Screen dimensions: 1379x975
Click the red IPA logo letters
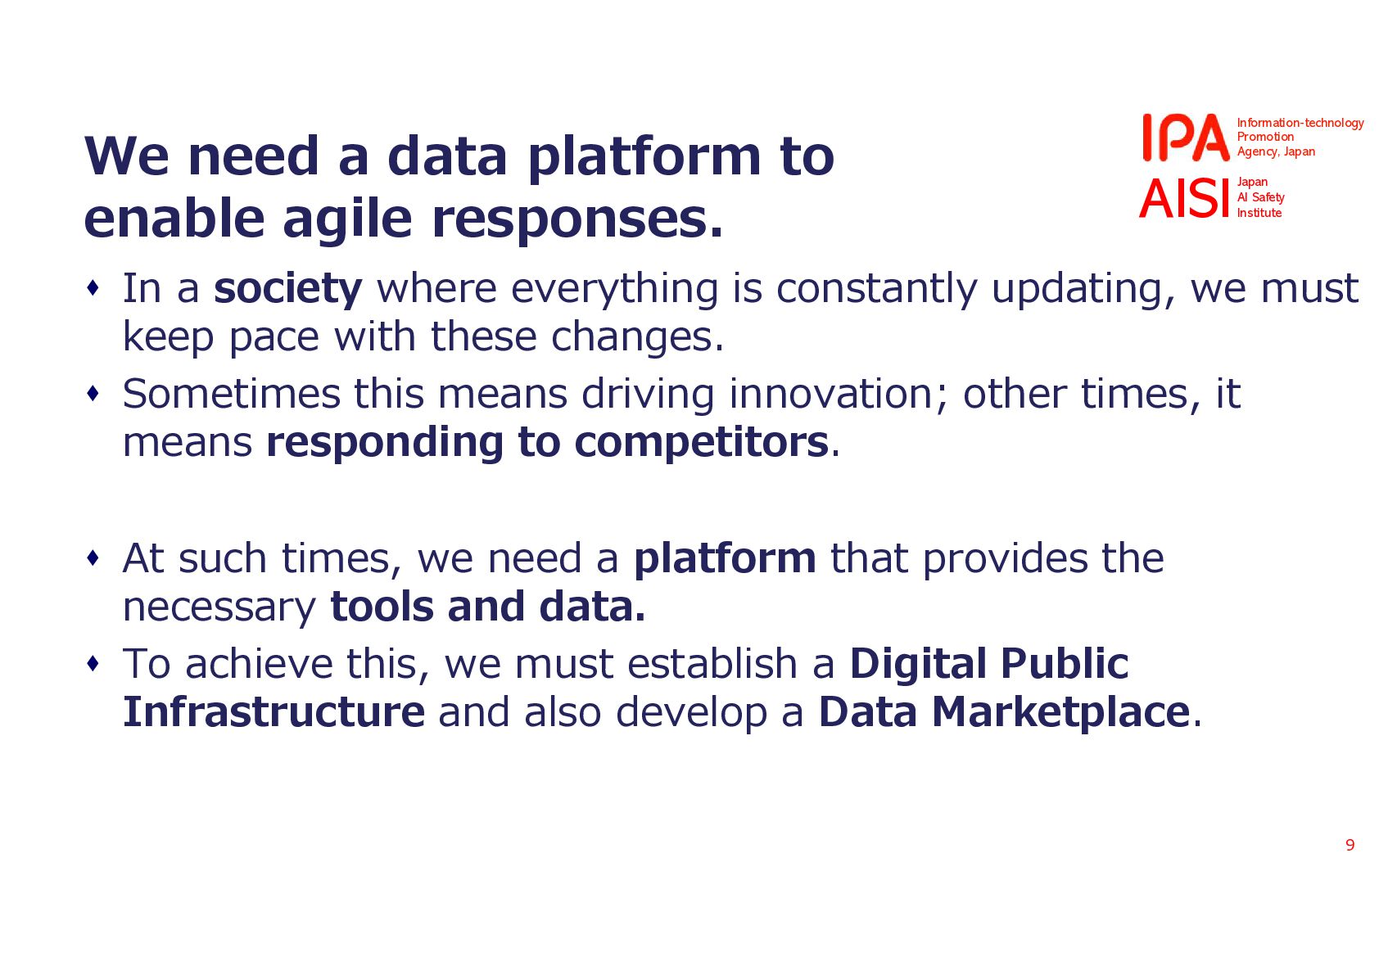point(1186,138)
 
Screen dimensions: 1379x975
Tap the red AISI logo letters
point(1184,198)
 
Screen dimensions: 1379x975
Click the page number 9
point(1350,845)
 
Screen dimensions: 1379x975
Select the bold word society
point(287,289)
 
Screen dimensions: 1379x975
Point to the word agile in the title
point(346,219)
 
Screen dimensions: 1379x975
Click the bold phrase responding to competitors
point(547,442)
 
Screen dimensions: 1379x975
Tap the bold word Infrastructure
point(274,712)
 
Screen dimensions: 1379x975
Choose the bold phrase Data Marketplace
point(1003,712)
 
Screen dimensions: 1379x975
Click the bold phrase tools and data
point(487,607)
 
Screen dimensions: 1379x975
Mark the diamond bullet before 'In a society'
point(93,287)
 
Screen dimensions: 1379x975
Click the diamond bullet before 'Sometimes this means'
point(93,393)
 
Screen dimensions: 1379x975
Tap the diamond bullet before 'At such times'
point(93,557)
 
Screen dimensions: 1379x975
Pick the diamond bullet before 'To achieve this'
point(93,663)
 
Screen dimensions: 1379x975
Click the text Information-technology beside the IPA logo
point(1300,123)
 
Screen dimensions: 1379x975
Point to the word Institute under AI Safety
point(1259,213)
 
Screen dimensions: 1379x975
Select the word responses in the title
point(577,219)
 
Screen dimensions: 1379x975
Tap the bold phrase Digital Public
point(989,664)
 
